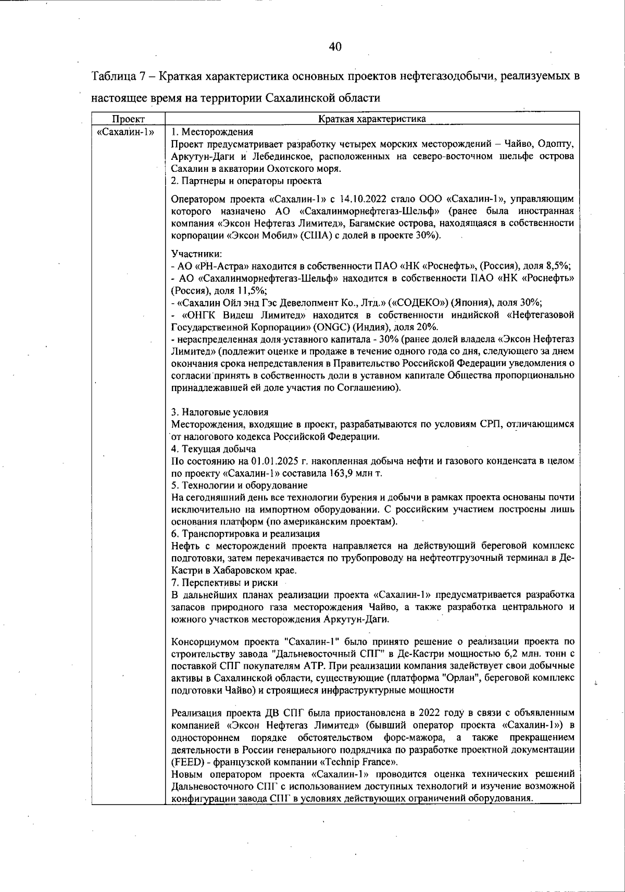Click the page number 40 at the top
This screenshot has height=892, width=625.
coord(335,47)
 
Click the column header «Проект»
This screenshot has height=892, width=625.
coord(128,119)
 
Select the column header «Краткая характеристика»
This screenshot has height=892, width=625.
coord(372,119)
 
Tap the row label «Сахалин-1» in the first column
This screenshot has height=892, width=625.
coord(125,131)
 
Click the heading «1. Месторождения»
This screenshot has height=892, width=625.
coord(212,131)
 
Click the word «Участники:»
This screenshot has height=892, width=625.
coord(196,254)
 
